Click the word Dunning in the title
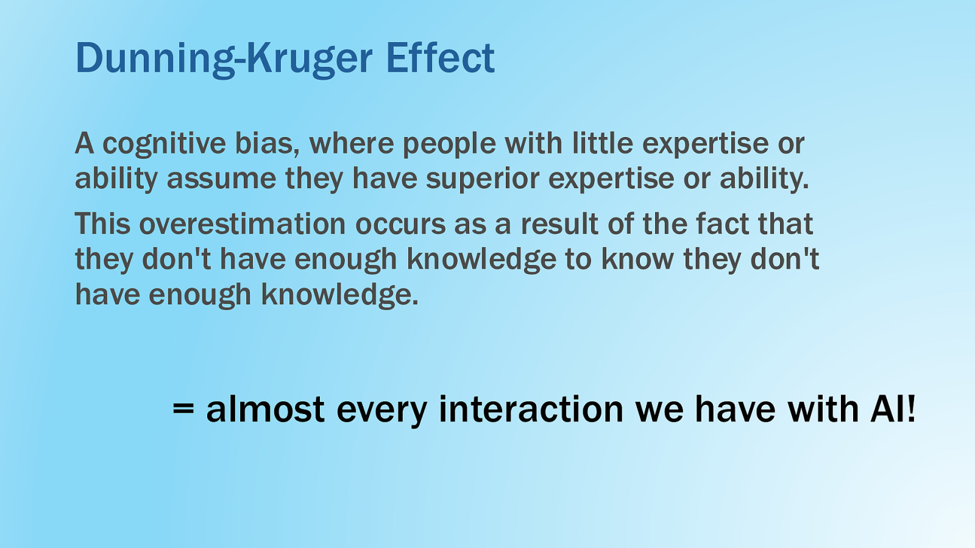(x=155, y=59)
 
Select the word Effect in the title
(x=441, y=57)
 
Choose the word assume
(x=221, y=180)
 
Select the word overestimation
(x=243, y=224)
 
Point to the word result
(x=559, y=224)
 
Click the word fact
(x=722, y=224)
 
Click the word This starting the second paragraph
(x=103, y=224)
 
